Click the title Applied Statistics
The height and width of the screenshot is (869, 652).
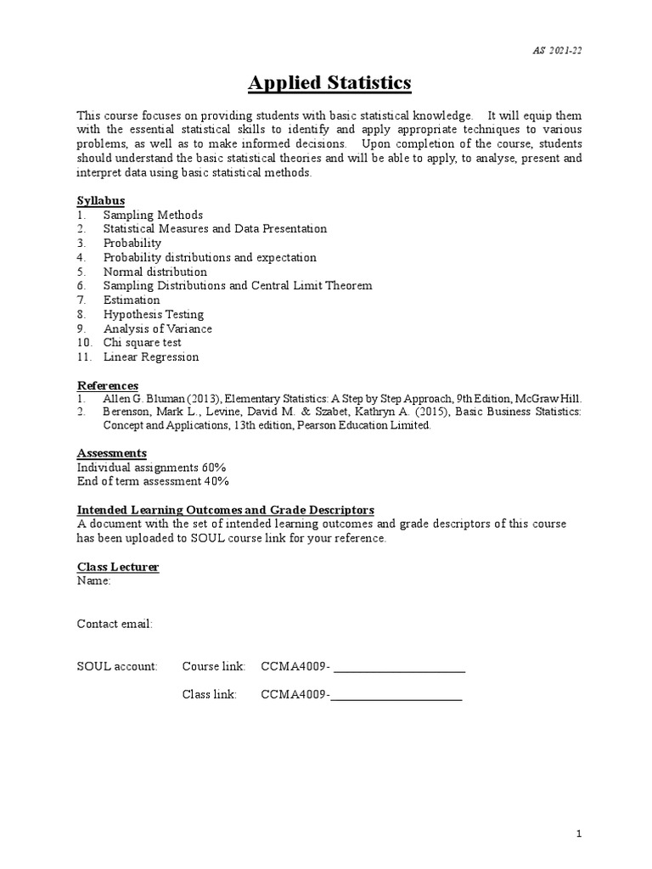pyautogui.click(x=329, y=82)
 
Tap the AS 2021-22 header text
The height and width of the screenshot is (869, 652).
pyautogui.click(x=559, y=49)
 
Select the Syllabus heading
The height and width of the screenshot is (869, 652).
pyautogui.click(x=101, y=200)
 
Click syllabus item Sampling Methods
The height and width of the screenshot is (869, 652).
pyautogui.click(x=153, y=215)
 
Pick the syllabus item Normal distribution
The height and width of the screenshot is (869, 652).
pyautogui.click(x=155, y=272)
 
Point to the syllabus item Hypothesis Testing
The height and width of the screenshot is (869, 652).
pyautogui.click(x=153, y=314)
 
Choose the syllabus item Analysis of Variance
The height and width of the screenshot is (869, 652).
pyautogui.click(x=157, y=328)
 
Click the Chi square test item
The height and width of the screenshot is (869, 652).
pyautogui.click(x=142, y=343)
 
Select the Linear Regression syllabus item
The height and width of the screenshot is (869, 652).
pyautogui.click(x=150, y=356)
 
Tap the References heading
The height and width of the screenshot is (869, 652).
pyautogui.click(x=108, y=385)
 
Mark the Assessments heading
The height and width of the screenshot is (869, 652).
pyautogui.click(x=112, y=453)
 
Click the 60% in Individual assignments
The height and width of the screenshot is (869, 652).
pyautogui.click(x=214, y=468)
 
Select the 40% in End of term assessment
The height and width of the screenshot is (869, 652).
pyautogui.click(x=216, y=481)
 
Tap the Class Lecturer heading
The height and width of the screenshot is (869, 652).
pyautogui.click(x=118, y=567)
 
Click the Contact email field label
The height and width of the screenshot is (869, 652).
pyautogui.click(x=115, y=624)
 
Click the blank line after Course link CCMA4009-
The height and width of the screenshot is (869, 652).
pyautogui.click(x=400, y=669)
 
